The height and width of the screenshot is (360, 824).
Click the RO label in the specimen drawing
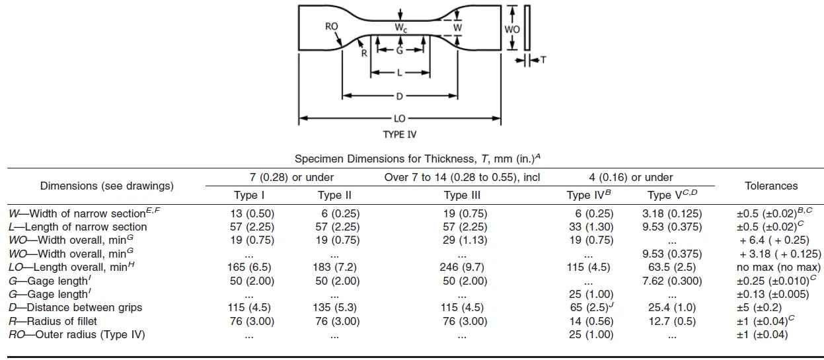(332, 26)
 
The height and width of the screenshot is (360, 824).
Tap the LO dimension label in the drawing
(399, 119)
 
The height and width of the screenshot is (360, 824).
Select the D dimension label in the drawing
(399, 96)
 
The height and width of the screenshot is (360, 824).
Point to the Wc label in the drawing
(401, 28)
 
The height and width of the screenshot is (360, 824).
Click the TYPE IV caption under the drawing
(399, 135)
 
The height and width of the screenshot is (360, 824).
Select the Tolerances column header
(771, 186)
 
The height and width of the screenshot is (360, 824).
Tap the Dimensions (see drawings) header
(107, 186)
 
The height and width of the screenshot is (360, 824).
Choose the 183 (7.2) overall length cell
(338, 268)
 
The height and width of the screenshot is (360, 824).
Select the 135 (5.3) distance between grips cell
(338, 308)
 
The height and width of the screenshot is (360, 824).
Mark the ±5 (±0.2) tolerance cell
(771, 308)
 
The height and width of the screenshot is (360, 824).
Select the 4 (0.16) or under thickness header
(631, 177)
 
